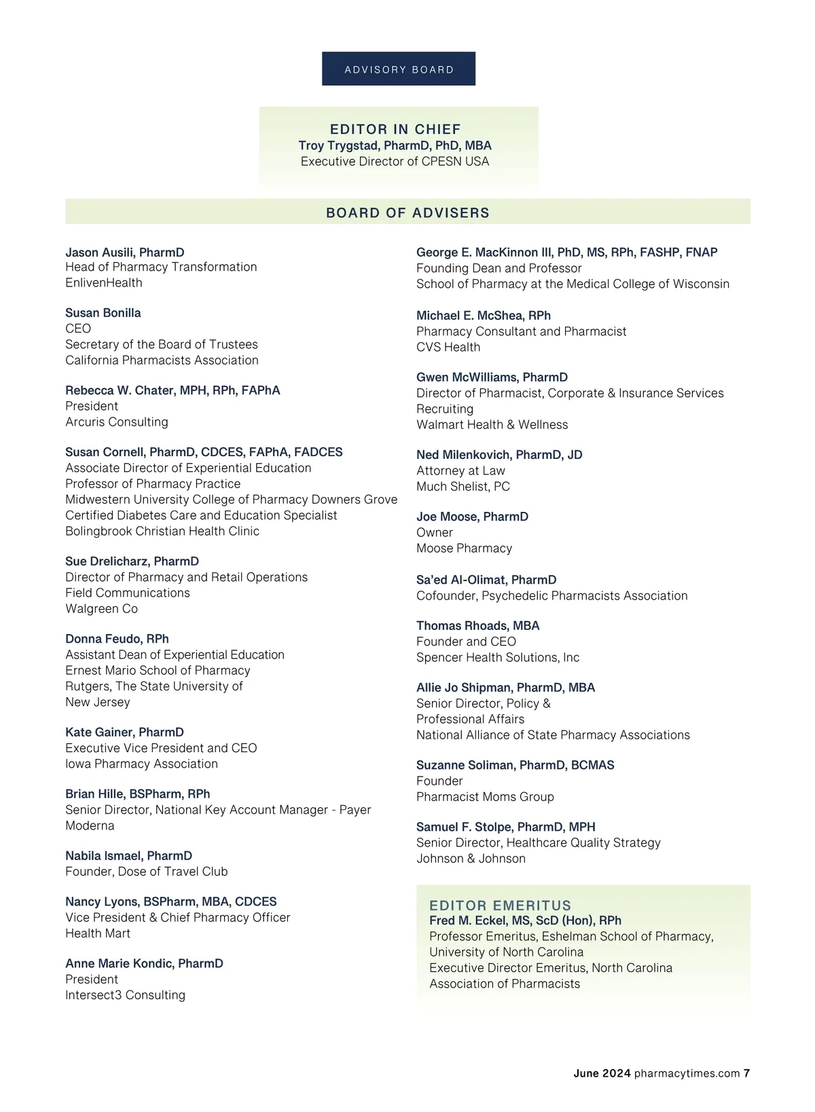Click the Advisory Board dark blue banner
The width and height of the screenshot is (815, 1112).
399,69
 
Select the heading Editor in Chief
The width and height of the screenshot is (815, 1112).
395,129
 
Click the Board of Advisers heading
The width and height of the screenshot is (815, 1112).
407,212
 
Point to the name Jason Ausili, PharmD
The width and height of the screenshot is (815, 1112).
125,253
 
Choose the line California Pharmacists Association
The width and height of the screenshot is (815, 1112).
162,360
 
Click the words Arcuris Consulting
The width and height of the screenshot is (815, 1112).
117,422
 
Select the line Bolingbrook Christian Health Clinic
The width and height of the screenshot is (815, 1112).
162,532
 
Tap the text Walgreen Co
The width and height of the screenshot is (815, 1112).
102,609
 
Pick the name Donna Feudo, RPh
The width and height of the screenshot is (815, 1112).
117,639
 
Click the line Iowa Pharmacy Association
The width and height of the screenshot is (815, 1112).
141,764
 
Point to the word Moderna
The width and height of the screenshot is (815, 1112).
90,826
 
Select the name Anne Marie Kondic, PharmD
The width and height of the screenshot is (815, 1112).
144,963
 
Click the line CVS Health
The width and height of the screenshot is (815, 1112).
448,348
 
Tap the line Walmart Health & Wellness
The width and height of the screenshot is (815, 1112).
492,425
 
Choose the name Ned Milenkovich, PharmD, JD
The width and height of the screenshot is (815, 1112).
499,455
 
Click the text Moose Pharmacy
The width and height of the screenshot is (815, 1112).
464,549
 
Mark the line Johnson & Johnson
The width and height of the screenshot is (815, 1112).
471,859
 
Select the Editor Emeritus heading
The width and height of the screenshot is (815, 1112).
501,906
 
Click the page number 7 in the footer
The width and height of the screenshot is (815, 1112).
746,1073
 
